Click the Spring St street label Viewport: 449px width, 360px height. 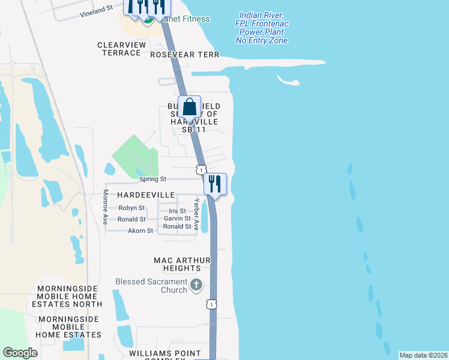pyautogui.click(x=152, y=179)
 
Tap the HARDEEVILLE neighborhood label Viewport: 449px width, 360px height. pyautogui.click(x=146, y=196)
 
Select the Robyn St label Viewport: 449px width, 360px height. pyautogui.click(x=131, y=208)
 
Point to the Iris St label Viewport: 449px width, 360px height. pyautogui.click(x=177, y=211)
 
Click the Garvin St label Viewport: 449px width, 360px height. pyautogui.click(x=177, y=218)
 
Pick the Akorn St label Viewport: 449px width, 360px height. pyautogui.click(x=140, y=230)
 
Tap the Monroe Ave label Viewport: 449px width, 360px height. pyautogui.click(x=106, y=207)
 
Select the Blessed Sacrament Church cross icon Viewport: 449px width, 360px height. pyautogui.click(x=196, y=285)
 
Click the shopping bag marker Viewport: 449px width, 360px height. pyautogui.click(x=190, y=107)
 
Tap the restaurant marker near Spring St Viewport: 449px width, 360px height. pyautogui.click(x=215, y=184)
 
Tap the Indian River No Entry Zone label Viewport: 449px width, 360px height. pyautogui.click(x=262, y=28)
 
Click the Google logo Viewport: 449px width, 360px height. pyautogui.click(x=20, y=353)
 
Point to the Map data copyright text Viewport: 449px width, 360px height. pyautogui.click(x=423, y=355)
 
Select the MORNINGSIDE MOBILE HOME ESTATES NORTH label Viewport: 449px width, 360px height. pyautogui.click(x=70, y=296)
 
